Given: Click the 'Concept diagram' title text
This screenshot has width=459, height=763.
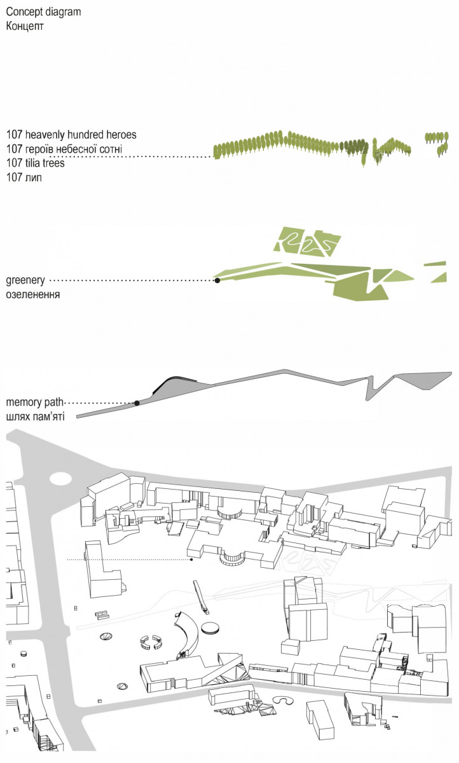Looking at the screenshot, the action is [x=44, y=12].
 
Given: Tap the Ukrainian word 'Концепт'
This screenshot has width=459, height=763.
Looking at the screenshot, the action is [x=25, y=26].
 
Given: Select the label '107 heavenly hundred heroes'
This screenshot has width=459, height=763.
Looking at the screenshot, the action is [x=71, y=135].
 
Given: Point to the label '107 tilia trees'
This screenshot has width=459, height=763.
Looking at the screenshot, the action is [x=36, y=163].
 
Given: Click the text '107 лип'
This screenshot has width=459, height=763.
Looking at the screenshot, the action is [x=24, y=177].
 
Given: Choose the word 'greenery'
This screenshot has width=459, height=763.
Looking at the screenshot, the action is [x=25, y=280].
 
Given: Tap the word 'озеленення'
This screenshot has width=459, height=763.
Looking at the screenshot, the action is [x=32, y=294].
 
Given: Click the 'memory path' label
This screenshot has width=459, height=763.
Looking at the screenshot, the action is [x=35, y=402].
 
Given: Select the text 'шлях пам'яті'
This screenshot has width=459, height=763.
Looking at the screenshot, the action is [x=36, y=416].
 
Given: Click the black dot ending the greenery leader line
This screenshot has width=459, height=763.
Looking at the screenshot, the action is [x=217, y=280].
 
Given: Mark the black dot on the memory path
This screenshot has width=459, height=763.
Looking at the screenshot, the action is [x=137, y=403].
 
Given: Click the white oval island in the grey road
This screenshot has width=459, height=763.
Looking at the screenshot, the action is [x=60, y=479].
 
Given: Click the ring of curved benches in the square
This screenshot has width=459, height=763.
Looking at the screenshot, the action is [x=151, y=642].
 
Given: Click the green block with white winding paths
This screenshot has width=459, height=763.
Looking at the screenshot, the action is [x=308, y=242].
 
